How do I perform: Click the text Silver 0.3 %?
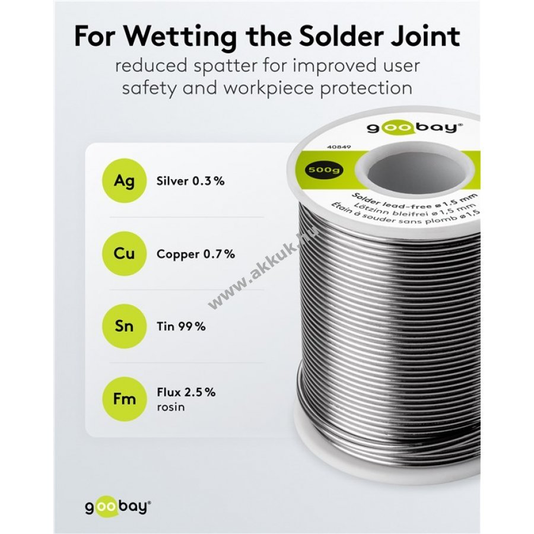(x=190, y=182)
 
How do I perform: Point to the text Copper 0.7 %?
(x=196, y=254)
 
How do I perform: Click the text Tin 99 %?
(x=181, y=326)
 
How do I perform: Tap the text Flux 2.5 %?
(x=186, y=392)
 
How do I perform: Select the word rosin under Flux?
(x=171, y=407)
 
